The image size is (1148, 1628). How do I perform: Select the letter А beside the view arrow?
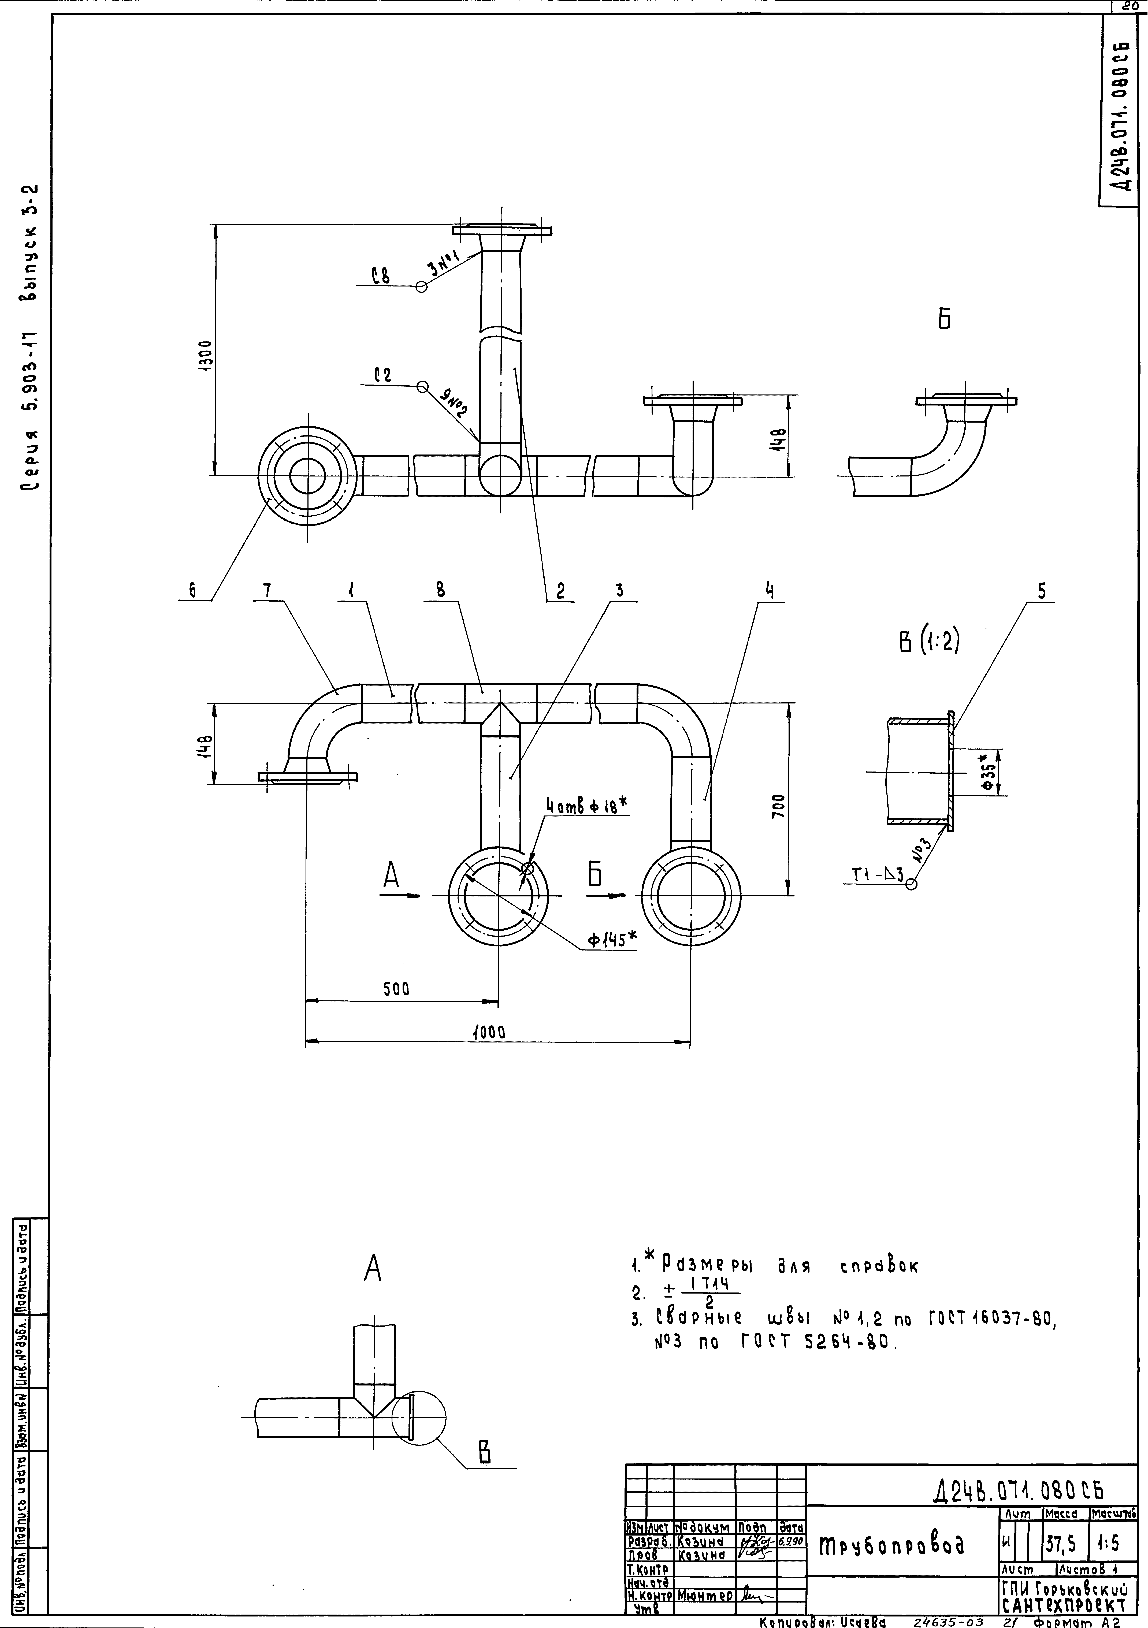(391, 878)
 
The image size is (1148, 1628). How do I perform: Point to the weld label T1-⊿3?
(877, 876)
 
